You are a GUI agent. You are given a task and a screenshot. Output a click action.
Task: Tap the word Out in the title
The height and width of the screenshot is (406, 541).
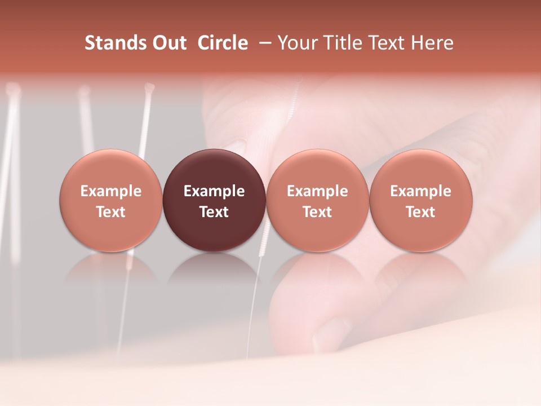point(168,43)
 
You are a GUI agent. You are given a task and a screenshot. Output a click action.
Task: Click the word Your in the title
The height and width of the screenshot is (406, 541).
point(296,43)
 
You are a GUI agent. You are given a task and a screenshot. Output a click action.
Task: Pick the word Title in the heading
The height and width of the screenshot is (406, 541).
point(339,43)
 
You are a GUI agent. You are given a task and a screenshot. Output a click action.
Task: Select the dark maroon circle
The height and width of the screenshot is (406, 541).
point(214,200)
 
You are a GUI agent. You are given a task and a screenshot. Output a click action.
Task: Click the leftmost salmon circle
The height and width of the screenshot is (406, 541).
point(110,200)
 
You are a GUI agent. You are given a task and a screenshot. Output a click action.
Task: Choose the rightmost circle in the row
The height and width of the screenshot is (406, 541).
point(420,200)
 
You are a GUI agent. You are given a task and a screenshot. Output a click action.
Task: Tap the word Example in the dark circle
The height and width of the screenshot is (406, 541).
point(214,191)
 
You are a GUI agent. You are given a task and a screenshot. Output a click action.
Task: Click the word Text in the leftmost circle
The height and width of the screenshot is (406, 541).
point(110,212)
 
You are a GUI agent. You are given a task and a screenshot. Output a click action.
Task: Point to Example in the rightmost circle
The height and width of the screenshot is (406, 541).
point(420,191)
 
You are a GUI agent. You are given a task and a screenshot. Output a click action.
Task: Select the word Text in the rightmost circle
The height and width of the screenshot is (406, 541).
point(420,212)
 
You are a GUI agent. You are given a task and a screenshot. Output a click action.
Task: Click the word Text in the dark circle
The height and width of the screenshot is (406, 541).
point(214,212)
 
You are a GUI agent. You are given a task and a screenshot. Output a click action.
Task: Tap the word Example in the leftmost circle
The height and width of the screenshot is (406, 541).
point(110,191)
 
